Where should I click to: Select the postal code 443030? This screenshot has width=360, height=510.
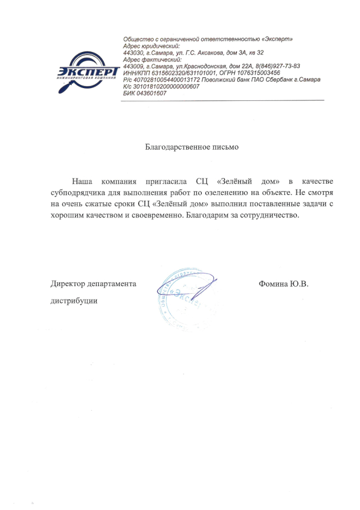[133, 53]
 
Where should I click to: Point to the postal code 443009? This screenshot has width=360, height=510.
[133, 66]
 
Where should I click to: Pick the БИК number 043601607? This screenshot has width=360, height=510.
[151, 93]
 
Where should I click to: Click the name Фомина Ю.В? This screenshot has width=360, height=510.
[283, 283]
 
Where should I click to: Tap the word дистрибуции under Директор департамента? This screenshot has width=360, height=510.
[74, 301]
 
